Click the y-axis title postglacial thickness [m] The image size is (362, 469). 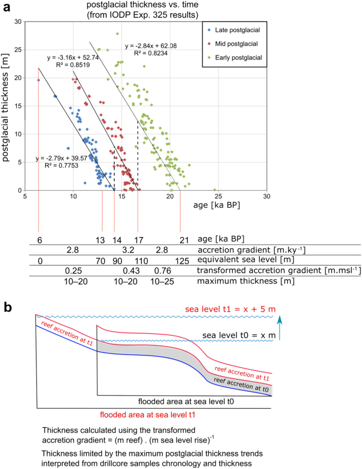click(x=7, y=106)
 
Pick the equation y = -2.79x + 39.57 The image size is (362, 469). click(x=61, y=158)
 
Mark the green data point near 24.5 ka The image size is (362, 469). click(x=215, y=190)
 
